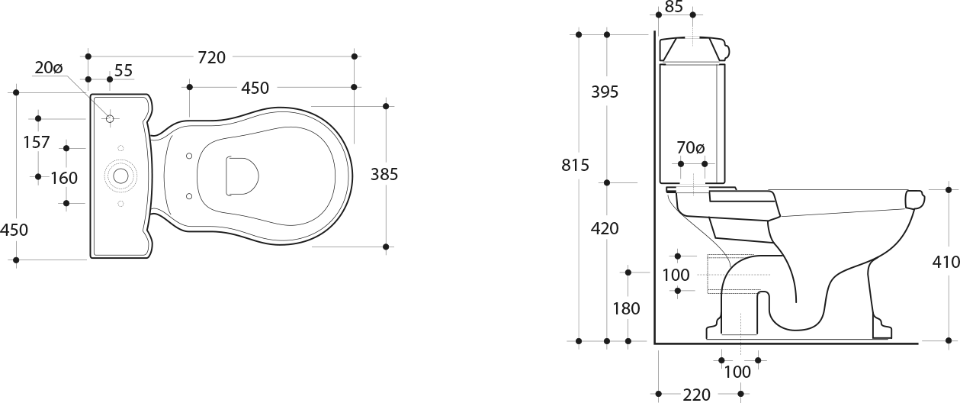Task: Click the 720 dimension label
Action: click(x=211, y=57)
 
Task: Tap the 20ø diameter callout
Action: click(x=49, y=68)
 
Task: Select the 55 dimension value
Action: click(x=124, y=71)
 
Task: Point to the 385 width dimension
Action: click(x=384, y=174)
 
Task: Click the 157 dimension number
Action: click(x=37, y=142)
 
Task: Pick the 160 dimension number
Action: click(x=64, y=178)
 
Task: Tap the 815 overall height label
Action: click(x=575, y=165)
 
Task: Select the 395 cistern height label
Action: click(x=605, y=92)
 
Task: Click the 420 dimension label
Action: click(x=605, y=229)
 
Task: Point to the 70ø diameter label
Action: click(x=690, y=148)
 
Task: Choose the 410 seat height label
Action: click(x=946, y=262)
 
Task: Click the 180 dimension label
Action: click(x=626, y=308)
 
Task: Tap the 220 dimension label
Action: click(x=696, y=395)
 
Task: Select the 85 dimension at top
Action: click(x=674, y=7)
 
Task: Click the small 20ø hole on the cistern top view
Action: click(x=110, y=118)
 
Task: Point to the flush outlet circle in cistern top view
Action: click(x=120, y=176)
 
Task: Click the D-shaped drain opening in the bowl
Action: click(x=242, y=176)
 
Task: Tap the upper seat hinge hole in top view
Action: click(x=189, y=156)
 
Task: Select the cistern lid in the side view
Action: click(x=693, y=49)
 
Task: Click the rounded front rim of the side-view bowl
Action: click(x=916, y=201)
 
